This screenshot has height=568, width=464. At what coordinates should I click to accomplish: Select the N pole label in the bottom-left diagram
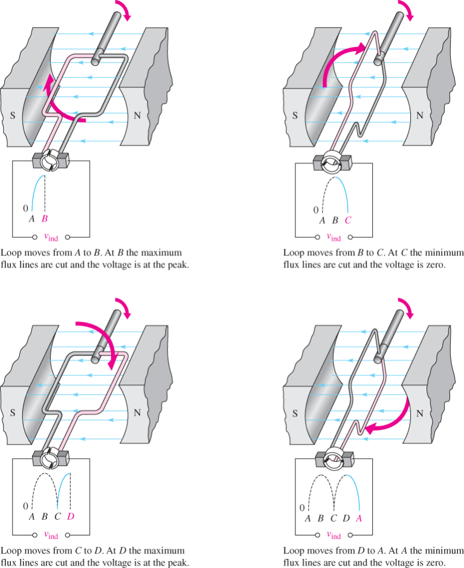(137, 413)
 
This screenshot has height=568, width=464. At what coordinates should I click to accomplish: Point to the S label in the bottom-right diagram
(295, 413)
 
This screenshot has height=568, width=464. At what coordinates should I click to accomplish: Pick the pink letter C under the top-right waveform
(347, 221)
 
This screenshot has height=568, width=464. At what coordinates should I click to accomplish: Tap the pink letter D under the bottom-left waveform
(71, 517)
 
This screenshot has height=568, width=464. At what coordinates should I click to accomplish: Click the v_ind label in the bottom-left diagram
(50, 534)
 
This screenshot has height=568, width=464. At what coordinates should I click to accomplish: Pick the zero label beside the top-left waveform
(25, 208)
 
